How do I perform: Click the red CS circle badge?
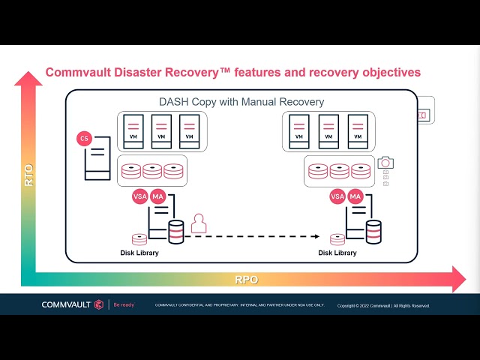coord(84,139)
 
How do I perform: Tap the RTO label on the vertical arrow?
coord(28,175)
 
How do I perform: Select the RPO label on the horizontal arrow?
coord(247,279)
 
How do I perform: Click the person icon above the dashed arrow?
coord(199,223)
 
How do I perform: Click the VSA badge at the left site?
coord(139,196)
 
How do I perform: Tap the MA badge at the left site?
coord(157,196)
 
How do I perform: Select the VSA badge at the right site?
coord(337,196)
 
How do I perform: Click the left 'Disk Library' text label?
coord(139,253)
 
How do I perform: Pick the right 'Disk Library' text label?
coord(337,253)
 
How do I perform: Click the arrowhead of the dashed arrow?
coord(316,236)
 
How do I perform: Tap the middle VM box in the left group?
coord(161,130)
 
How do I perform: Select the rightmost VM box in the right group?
coord(358,130)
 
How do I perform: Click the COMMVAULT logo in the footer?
coord(72,304)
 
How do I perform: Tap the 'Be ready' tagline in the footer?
coord(124,305)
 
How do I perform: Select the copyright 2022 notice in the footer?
coord(383,306)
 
